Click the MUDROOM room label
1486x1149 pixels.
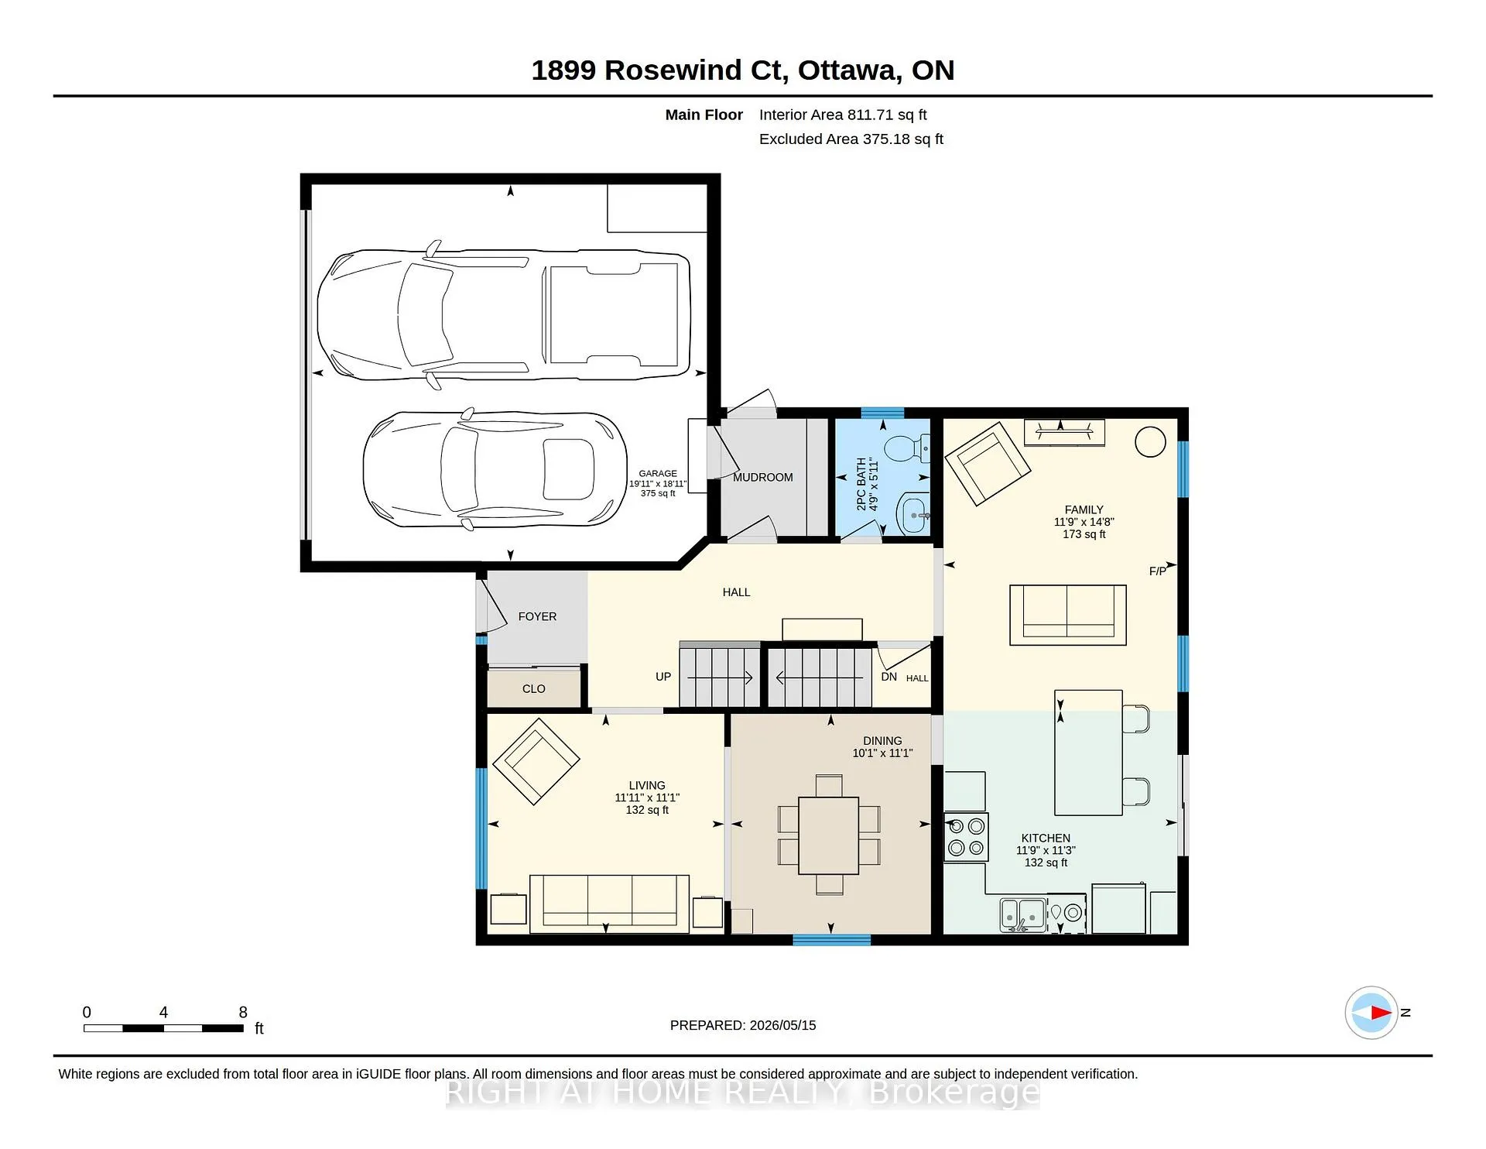coord(763,477)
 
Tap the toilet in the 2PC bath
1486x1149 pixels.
coord(906,448)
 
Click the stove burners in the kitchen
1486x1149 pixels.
coord(967,837)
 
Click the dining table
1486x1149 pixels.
coord(828,835)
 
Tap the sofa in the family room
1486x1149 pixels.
coord(1067,616)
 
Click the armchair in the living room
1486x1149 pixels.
coord(536,762)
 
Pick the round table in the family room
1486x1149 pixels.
coord(1150,442)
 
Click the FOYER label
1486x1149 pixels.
coord(537,616)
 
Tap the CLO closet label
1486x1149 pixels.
coord(534,688)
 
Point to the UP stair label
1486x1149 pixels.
coord(663,677)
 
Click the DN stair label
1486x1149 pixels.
coord(889,677)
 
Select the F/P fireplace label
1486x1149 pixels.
coord(1158,571)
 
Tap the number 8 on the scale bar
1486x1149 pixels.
coord(243,1012)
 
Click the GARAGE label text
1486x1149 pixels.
coord(658,473)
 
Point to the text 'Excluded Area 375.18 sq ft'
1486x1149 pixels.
coord(851,139)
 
